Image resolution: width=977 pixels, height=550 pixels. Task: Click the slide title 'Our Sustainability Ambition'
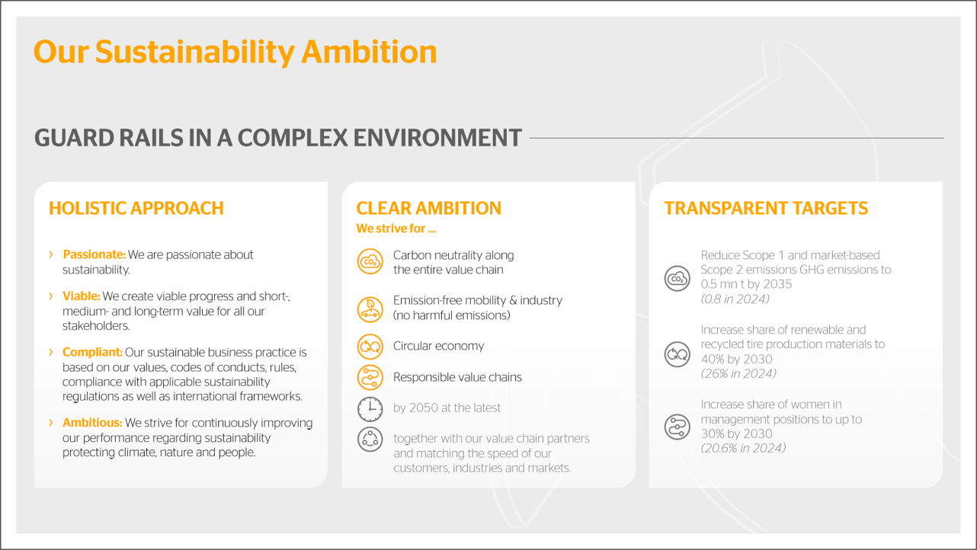click(235, 53)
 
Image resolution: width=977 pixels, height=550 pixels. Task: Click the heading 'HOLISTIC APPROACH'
click(136, 208)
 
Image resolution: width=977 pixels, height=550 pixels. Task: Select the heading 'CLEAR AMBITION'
click(429, 208)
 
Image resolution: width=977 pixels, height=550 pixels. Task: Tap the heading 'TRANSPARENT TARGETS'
click(766, 208)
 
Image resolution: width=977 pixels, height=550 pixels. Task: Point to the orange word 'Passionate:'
click(94, 254)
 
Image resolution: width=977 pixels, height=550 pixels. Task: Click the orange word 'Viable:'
click(81, 296)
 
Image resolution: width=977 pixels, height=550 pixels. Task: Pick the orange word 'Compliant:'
click(92, 352)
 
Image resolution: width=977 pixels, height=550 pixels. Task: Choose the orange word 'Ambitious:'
click(92, 423)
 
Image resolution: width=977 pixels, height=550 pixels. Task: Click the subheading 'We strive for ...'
click(396, 229)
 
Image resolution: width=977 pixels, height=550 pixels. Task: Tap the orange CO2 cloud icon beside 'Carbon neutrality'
click(370, 261)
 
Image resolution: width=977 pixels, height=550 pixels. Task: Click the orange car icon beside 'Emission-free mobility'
click(370, 309)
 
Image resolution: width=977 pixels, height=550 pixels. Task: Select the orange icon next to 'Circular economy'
click(370, 347)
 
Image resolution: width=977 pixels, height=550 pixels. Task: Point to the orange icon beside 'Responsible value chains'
click(370, 377)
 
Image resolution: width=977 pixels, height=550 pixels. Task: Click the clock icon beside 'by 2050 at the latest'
click(370, 409)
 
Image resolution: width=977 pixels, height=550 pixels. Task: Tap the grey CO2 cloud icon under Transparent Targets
click(677, 279)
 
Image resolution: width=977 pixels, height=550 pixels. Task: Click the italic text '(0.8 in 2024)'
click(735, 299)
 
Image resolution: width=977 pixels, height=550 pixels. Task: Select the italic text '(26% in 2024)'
click(738, 373)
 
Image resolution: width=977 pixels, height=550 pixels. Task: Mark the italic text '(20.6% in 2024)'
click(743, 448)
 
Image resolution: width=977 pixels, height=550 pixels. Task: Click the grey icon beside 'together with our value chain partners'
click(370, 440)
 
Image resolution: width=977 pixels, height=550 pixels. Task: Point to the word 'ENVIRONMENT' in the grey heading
click(437, 138)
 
